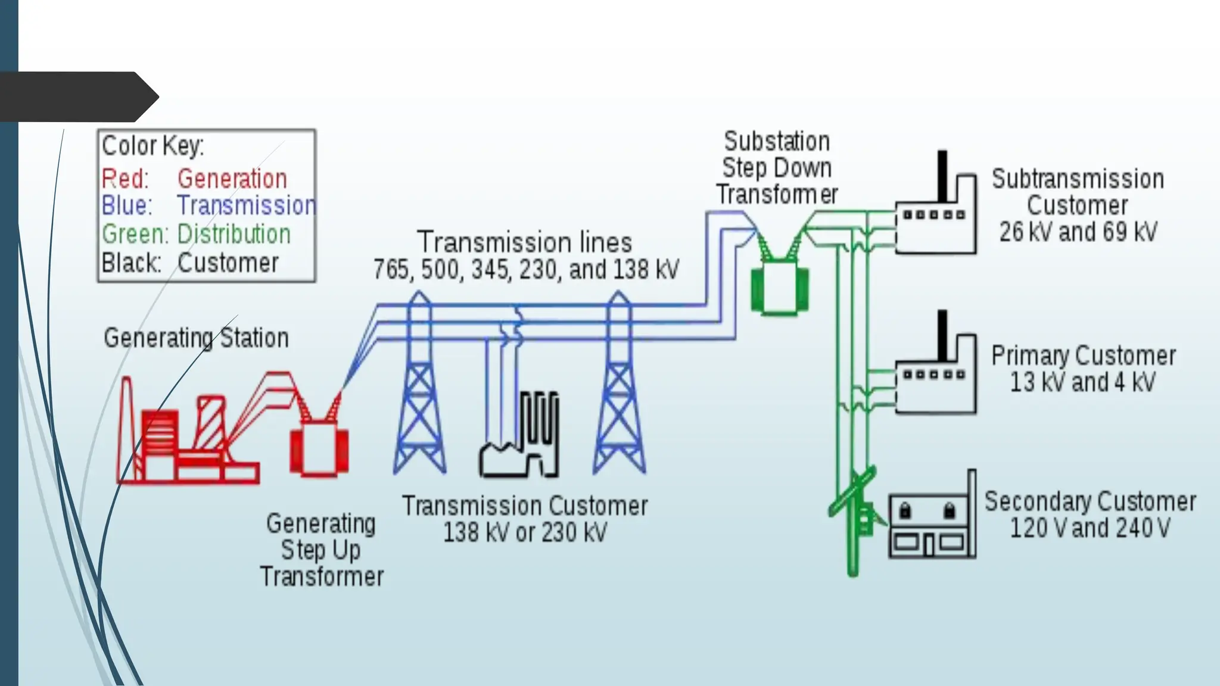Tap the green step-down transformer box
click(x=780, y=289)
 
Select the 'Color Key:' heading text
click(x=153, y=146)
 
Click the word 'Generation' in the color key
click(x=232, y=179)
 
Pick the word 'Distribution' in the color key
click(x=234, y=234)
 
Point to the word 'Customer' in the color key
click(x=228, y=263)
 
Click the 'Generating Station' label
click(x=196, y=338)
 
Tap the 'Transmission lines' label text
click(x=524, y=242)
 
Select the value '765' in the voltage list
click(x=391, y=270)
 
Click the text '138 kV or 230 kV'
click(x=524, y=532)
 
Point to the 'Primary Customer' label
click(x=1083, y=356)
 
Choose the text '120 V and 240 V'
click(x=1090, y=528)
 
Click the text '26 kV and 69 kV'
click(x=1078, y=232)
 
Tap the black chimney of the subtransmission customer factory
click(x=942, y=176)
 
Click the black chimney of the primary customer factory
click(x=942, y=335)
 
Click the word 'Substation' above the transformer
click(x=777, y=142)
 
